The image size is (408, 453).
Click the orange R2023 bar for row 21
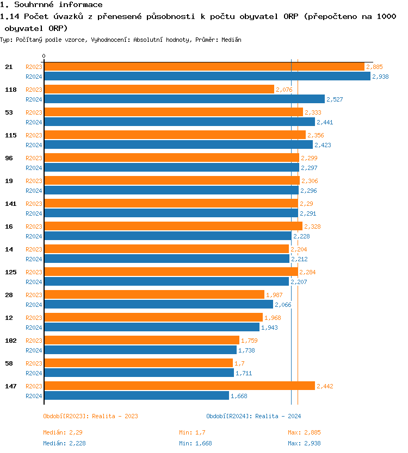[x=204, y=66]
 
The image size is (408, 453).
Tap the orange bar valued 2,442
[x=180, y=386]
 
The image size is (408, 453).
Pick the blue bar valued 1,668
[x=136, y=395]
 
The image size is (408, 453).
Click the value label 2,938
[x=380, y=77]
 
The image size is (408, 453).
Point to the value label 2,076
[x=284, y=90]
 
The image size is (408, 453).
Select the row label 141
[x=10, y=203]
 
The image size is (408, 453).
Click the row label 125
[x=10, y=272]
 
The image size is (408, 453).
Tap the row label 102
[x=10, y=340]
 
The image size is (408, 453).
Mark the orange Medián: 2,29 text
[x=63, y=432]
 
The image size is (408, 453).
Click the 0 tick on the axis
[x=44, y=56]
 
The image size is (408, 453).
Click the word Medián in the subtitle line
[x=231, y=40]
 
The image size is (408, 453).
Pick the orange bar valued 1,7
[x=138, y=363]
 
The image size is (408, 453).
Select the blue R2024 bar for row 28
[x=158, y=304]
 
